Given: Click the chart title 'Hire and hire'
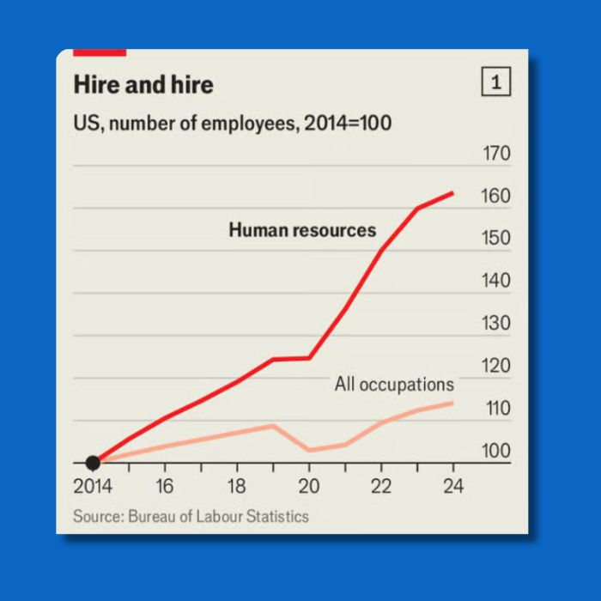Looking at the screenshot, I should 143,85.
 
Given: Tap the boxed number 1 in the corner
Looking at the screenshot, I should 496,83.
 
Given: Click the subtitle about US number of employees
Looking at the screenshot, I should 232,124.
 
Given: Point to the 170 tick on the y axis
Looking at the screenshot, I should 496,155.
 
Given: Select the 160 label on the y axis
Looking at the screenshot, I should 496,197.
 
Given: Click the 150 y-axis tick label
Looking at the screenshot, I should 496,239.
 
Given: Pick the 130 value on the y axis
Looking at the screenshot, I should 496,324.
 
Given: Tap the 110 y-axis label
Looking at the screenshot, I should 496,409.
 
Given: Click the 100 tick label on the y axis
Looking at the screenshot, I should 496,451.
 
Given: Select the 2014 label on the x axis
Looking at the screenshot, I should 93,487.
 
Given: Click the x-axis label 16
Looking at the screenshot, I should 165,487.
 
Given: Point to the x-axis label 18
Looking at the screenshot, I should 237,487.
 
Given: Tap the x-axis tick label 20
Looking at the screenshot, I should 309,487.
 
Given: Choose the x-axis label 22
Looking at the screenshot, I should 381,487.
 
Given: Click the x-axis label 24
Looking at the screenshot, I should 452,487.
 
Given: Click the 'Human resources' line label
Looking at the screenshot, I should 302,230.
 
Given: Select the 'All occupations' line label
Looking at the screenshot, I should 394,385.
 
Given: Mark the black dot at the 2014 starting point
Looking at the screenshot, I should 93,464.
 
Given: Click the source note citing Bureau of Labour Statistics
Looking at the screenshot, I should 191,516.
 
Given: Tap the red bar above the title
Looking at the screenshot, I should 100,53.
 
